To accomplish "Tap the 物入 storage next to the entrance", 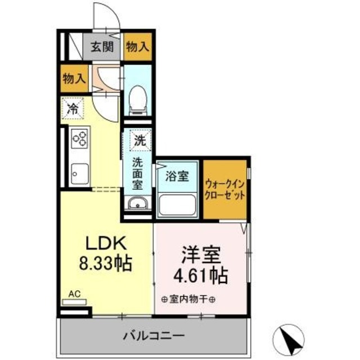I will point(138,48).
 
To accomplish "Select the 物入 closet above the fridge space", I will point(74,79).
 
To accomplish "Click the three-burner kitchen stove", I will point(80,138).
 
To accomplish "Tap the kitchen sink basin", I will point(79,174).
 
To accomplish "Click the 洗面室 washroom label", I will point(138,173).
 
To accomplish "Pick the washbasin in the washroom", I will point(137,204).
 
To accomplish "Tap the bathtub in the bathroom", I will point(178,205).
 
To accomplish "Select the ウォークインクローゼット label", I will point(225,189).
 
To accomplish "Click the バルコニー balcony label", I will point(153,336).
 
